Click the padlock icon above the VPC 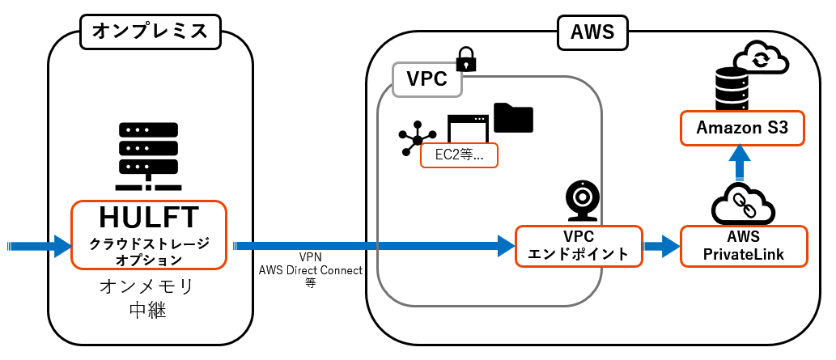point(465,59)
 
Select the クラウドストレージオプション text point(148,252)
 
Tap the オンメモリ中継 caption point(147,298)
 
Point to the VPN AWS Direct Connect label point(310,269)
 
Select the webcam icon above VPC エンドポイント point(582,201)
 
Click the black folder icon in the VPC point(513,117)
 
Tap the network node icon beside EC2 point(416,139)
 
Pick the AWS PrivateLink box point(745,245)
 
